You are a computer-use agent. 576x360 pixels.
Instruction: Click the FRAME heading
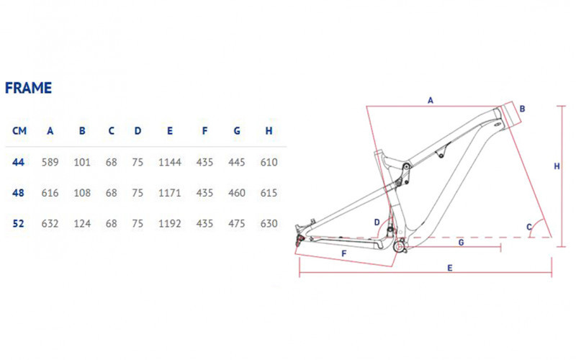(28, 88)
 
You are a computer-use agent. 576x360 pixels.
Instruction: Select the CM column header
(19, 131)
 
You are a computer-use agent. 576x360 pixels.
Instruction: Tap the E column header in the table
(170, 131)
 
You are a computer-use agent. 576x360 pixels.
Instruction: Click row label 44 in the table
(19, 162)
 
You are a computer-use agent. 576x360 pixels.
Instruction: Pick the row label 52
(19, 223)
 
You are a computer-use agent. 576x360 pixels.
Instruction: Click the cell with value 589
(50, 162)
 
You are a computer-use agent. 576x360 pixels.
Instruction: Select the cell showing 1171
(170, 193)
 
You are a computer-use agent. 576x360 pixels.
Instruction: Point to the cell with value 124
(82, 223)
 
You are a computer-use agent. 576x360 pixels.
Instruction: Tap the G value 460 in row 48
(237, 193)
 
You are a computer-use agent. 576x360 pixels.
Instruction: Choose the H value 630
(269, 223)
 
